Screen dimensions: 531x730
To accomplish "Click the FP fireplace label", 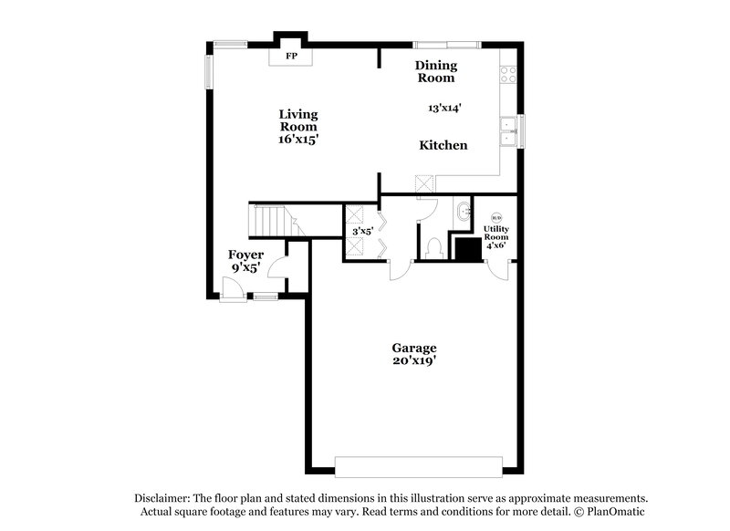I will pos(292,57).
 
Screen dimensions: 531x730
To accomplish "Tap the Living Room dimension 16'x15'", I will pos(298,141).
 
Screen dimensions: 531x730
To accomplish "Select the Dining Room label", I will pos(436,71).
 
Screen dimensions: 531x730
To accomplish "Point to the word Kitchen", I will pos(443,145).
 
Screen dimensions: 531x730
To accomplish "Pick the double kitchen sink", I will pos(508,132).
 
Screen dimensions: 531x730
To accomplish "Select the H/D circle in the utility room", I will pos(496,217).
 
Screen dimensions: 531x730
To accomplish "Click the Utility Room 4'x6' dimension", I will pos(495,245).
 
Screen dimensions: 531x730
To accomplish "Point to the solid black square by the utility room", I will pos(469,249).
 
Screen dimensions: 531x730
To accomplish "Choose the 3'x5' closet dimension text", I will pos(363,232).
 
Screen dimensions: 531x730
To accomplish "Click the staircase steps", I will pos(269,220).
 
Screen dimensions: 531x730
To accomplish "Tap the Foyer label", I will pos(246,255).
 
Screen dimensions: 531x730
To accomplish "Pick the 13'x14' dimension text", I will pos(444,108).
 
